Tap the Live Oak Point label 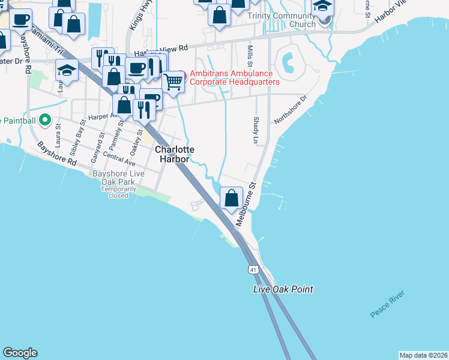tap(283, 289)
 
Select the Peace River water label tap(387, 304)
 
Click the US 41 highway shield tap(254, 270)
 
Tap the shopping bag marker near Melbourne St tap(232, 197)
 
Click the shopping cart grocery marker tap(173, 81)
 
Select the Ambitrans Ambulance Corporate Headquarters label tap(235, 77)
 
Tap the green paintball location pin tap(44, 121)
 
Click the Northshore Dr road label tap(290, 109)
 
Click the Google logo tap(20, 353)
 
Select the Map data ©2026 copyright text tap(423, 355)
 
